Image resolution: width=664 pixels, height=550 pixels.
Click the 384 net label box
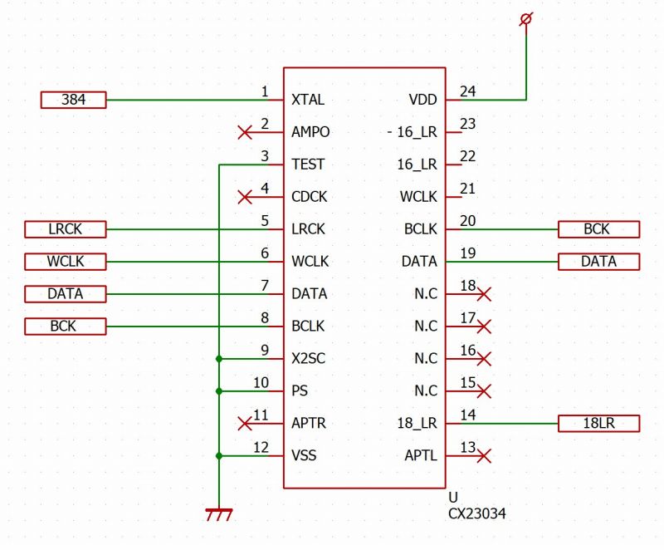click(x=74, y=101)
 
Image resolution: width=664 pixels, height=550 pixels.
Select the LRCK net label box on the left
click(x=66, y=229)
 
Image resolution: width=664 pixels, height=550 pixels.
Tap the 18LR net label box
click(x=598, y=424)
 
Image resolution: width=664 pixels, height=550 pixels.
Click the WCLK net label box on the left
click(x=66, y=262)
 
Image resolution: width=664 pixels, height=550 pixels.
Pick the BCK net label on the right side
click(x=598, y=229)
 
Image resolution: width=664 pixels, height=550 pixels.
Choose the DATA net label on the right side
click(x=598, y=262)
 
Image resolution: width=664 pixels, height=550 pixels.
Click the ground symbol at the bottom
click(x=219, y=515)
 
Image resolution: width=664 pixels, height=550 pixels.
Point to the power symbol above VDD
click(x=525, y=18)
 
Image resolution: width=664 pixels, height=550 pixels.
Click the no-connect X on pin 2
click(x=245, y=132)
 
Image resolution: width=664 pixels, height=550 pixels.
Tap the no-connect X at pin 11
click(x=245, y=424)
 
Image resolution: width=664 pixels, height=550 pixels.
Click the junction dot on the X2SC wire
click(x=219, y=359)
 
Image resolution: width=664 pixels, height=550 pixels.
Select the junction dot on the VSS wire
click(x=219, y=455)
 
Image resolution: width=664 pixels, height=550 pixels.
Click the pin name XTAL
click(x=308, y=101)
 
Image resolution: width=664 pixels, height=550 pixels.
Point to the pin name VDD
click(x=422, y=101)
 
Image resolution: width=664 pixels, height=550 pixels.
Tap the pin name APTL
click(x=421, y=456)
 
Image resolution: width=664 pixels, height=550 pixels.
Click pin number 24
click(x=468, y=91)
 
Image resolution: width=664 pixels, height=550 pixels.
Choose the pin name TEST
click(x=308, y=165)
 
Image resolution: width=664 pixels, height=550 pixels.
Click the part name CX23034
click(x=476, y=514)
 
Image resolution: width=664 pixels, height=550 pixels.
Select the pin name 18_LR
click(x=417, y=424)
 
